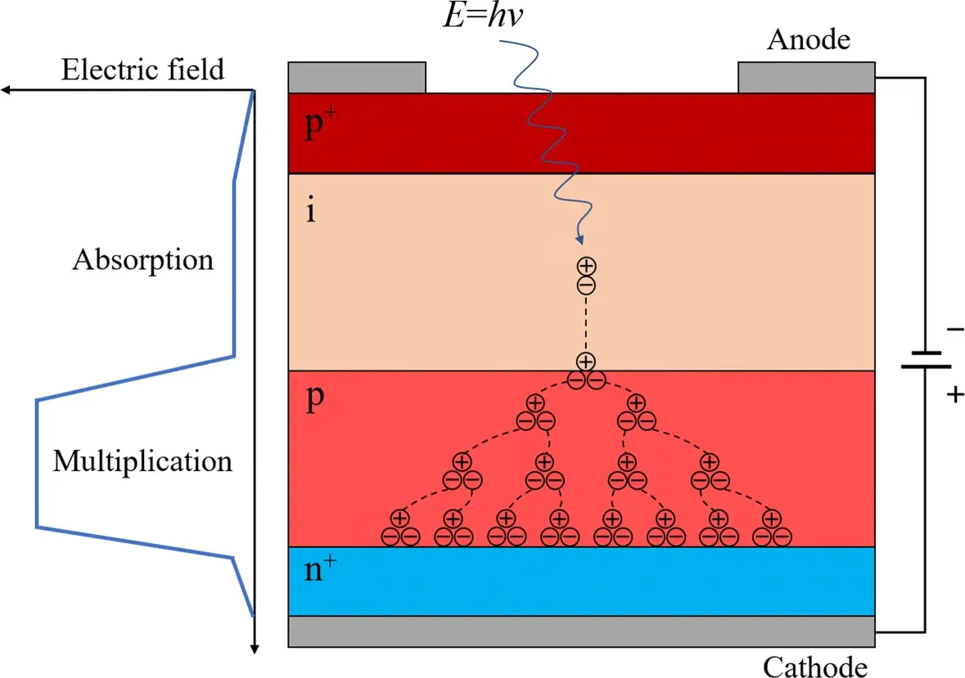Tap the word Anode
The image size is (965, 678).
coord(808,38)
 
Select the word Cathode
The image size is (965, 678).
coord(815,666)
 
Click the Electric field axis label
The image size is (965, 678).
coord(142,70)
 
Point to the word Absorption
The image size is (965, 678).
coord(143,260)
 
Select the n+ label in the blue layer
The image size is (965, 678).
coord(319,570)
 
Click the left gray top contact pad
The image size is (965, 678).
coord(357,78)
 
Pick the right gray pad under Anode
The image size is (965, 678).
coord(807,78)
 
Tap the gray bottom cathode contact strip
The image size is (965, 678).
coord(582,631)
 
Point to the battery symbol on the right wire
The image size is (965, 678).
coord(925,360)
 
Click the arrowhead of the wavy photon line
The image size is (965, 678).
coord(579,240)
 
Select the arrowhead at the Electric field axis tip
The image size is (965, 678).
coord(5,90)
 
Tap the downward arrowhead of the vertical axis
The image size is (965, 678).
coord(255,649)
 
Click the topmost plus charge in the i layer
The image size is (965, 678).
coord(586,266)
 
